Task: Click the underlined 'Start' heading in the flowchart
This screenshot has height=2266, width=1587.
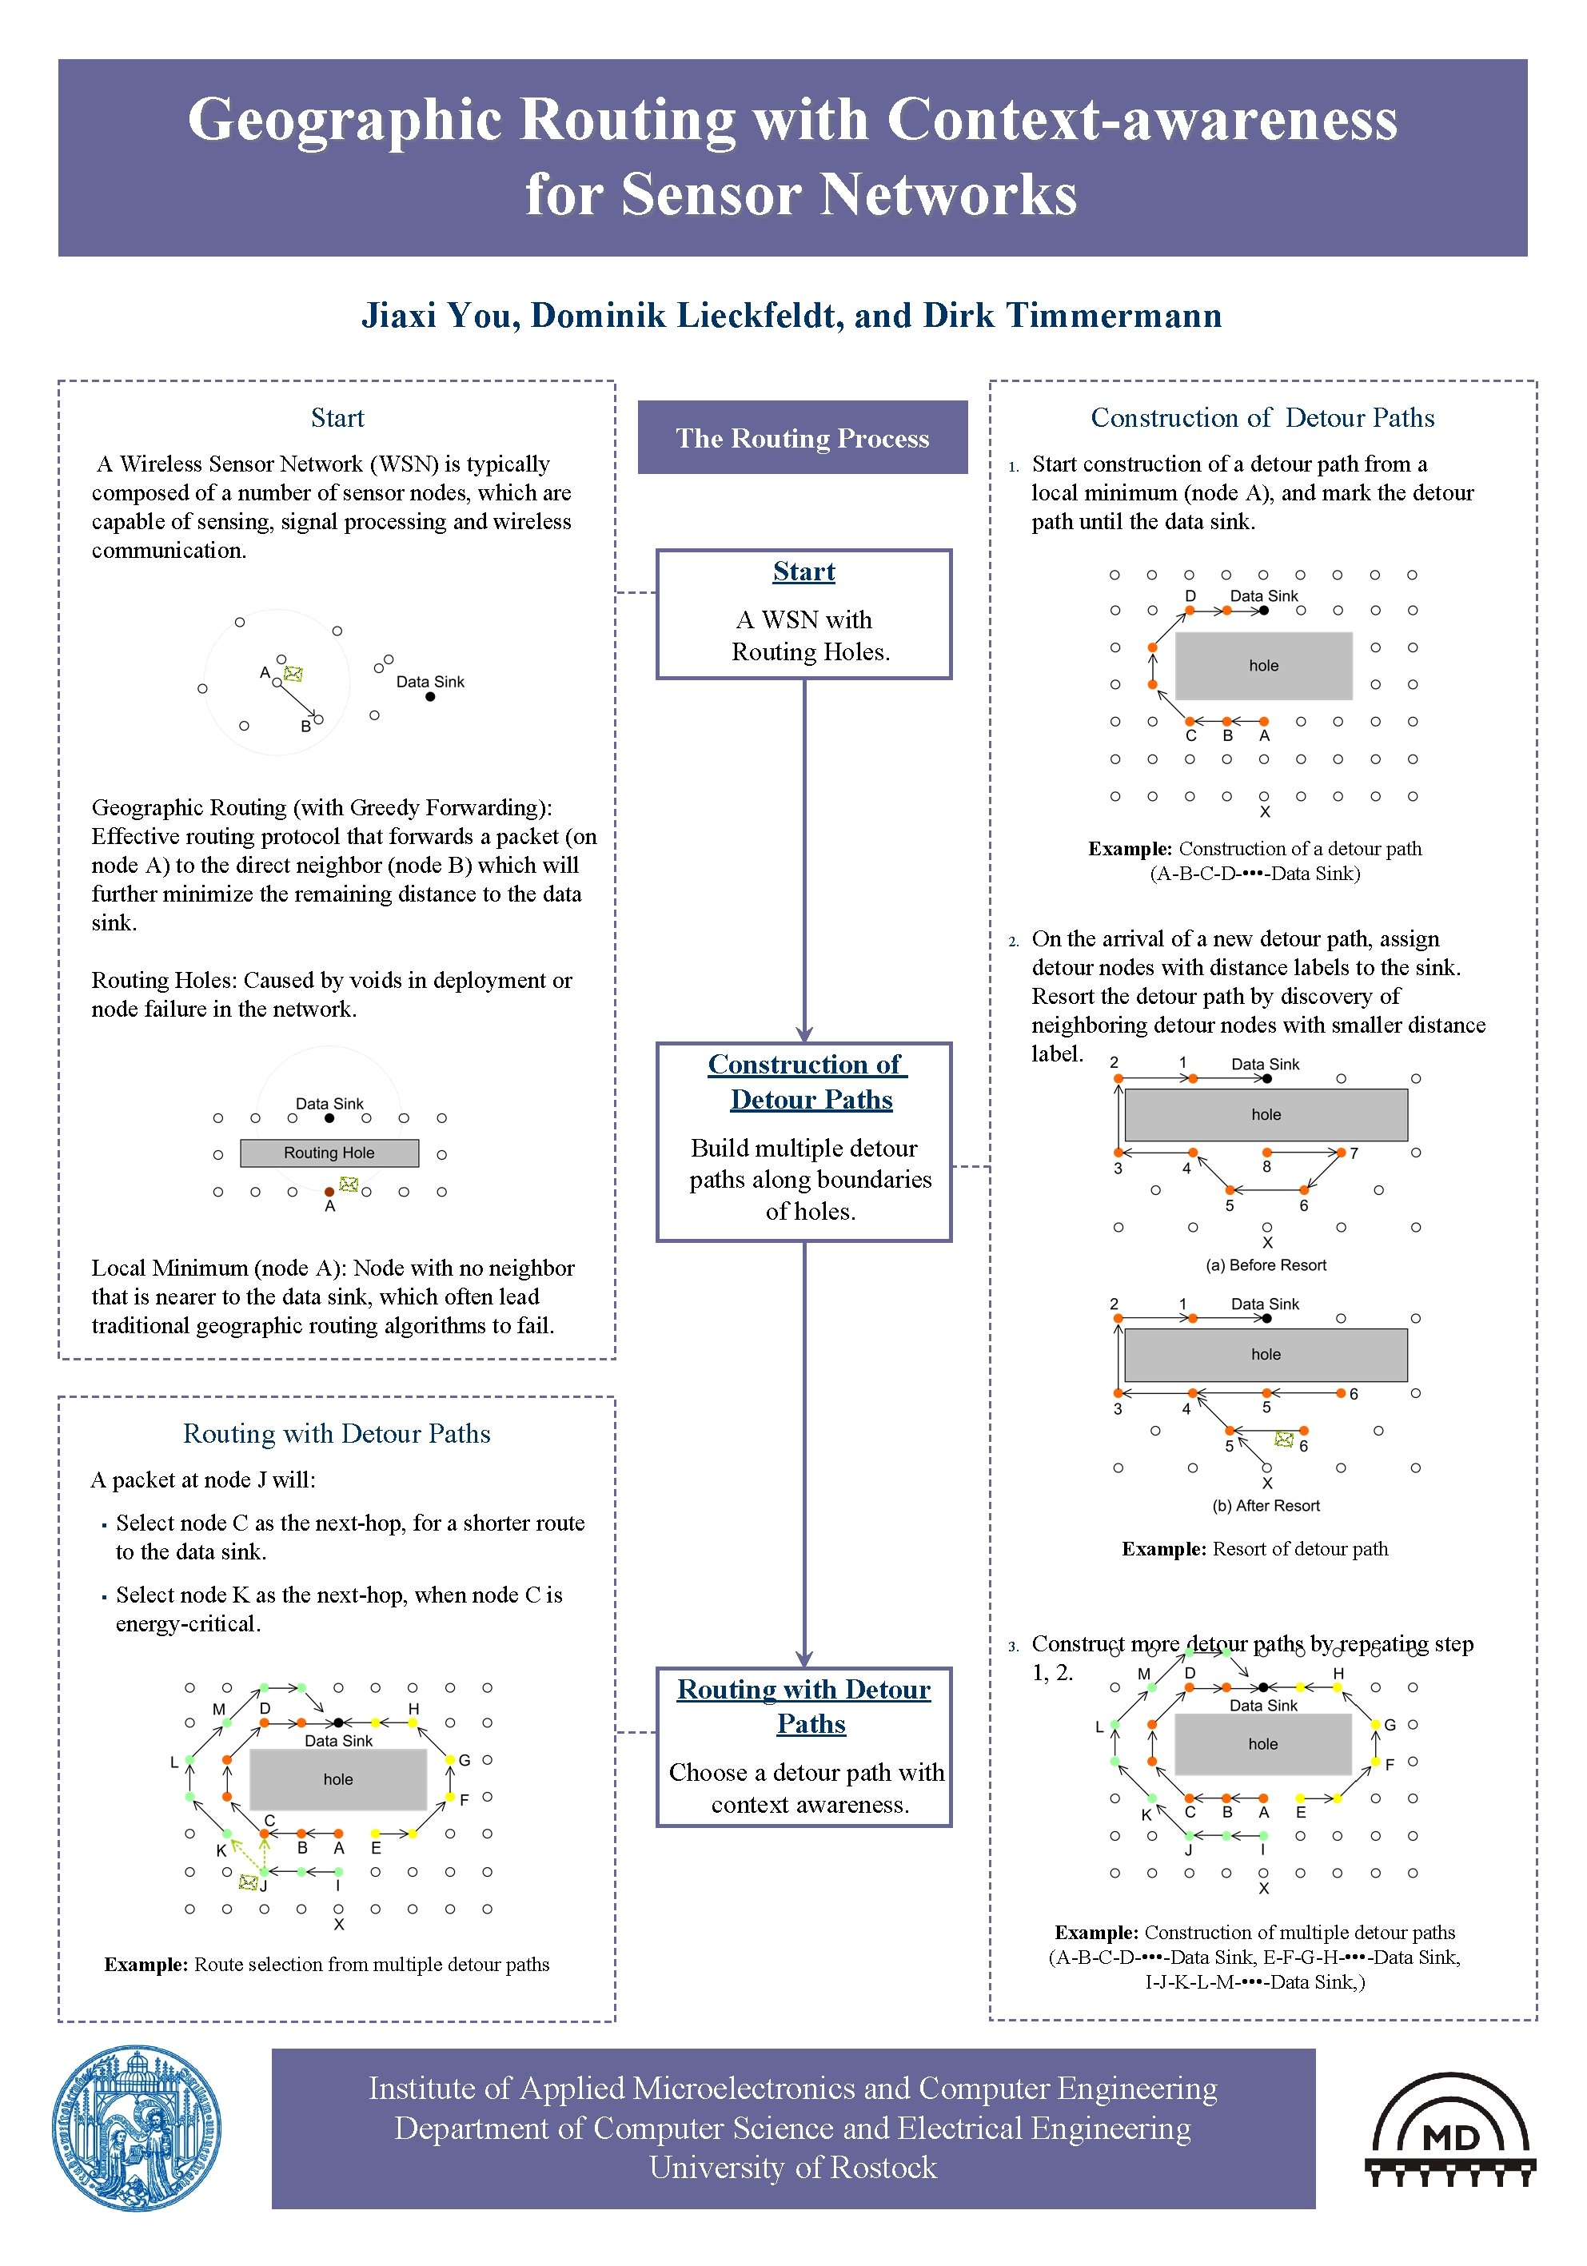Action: pos(803,571)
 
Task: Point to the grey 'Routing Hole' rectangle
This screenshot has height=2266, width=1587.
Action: pos(329,1153)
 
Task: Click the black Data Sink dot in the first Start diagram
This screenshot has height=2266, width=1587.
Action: pos(430,697)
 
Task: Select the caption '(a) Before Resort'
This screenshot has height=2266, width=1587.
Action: pos(1266,1265)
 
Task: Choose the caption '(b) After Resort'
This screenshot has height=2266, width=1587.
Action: pos(1266,1505)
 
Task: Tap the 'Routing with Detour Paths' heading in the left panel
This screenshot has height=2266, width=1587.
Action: pos(337,1433)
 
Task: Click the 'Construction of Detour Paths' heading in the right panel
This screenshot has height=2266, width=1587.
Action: pos(1262,417)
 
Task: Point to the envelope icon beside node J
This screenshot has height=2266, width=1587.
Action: pos(248,1883)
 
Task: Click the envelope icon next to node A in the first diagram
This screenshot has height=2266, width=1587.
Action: pos(293,674)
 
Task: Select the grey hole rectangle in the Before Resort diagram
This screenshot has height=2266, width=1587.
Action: pos(1266,1114)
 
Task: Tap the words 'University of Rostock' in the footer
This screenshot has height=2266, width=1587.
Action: pos(792,2168)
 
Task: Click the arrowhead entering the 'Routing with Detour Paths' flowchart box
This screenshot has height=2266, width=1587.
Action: pos(804,1659)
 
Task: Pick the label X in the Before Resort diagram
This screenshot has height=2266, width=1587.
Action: pos(1267,1243)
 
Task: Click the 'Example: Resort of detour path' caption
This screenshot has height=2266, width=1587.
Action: pos(1254,1548)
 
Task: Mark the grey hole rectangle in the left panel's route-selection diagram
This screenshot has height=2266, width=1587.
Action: pos(337,1779)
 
